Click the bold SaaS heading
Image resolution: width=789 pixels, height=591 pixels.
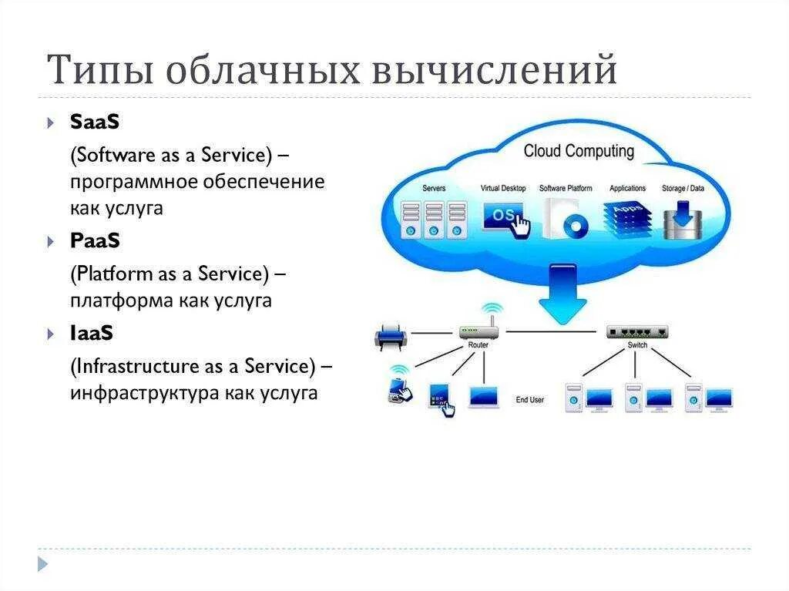click(x=95, y=122)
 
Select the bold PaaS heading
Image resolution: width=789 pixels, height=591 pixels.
click(x=95, y=240)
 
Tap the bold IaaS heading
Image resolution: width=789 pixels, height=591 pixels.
click(x=92, y=333)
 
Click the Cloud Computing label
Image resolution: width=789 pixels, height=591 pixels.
click(x=579, y=151)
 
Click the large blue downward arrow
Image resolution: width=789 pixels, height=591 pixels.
click(x=562, y=294)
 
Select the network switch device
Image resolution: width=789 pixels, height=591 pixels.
click(x=636, y=332)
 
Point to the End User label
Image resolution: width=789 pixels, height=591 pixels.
click(x=530, y=400)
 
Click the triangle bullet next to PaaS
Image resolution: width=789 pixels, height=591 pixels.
click(x=51, y=242)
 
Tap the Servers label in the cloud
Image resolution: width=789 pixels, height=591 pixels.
click(x=433, y=188)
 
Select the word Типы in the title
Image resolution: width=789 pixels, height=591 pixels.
click(x=99, y=71)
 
